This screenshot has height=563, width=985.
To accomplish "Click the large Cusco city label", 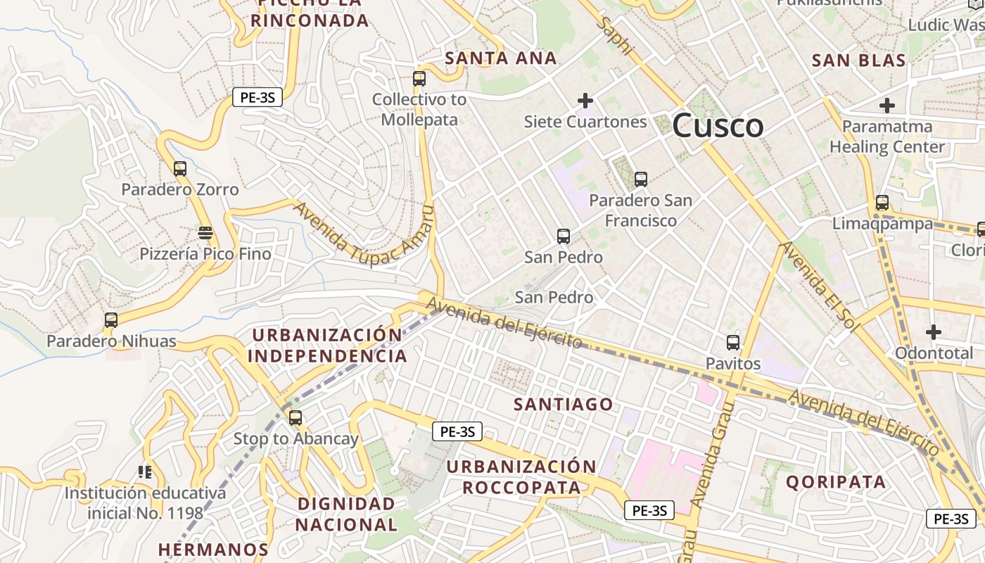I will pos(718,127).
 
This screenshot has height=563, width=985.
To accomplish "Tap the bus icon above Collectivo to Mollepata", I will pos(419,79).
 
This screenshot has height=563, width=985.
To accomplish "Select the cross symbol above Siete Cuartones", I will pos(585,101).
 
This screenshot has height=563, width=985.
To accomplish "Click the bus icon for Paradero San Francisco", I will pos(640,179).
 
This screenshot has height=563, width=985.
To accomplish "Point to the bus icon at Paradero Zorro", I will pos(180,169).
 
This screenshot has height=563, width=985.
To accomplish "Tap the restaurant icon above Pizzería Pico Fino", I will pos(205,232).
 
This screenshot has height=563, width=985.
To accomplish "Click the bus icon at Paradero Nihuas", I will pos(110,320).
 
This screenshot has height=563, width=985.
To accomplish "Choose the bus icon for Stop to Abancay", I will pos(295,418).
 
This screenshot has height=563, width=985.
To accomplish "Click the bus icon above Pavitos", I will pos(733,343).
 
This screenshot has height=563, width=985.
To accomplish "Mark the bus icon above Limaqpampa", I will pos(882,203).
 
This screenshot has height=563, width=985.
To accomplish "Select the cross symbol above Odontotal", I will pos(934,331).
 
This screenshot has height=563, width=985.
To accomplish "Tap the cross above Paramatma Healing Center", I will pos(887,106).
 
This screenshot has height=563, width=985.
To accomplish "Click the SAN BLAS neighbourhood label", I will pos(858,61).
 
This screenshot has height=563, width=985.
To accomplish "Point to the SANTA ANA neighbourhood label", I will pos(501,58).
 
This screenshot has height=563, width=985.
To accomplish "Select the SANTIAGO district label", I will pos(563,405).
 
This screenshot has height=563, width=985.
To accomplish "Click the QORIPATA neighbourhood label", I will pos(836,482).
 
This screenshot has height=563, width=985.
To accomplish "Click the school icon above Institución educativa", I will pos(145,472).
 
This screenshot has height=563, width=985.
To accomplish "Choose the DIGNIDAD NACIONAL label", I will pos(346,514).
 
